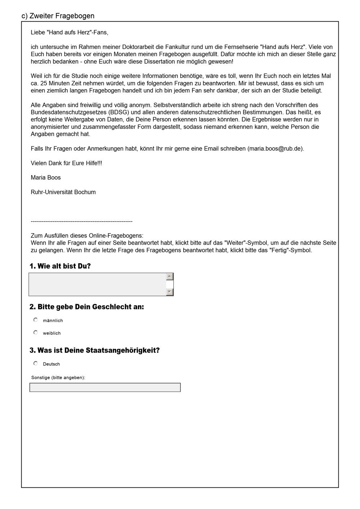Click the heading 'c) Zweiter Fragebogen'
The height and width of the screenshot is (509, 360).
click(x=58, y=16)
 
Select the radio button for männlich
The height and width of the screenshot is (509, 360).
click(x=36, y=320)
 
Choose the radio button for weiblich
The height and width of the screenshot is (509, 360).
click(x=36, y=332)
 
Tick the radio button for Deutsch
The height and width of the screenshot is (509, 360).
click(x=36, y=363)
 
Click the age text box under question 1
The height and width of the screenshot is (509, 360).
click(x=97, y=284)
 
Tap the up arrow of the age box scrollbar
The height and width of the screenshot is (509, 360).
click(x=170, y=276)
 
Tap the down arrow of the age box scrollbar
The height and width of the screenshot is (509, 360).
click(x=170, y=292)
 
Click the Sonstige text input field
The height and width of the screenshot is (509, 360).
click(x=105, y=387)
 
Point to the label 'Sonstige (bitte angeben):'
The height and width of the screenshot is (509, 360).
click(x=58, y=378)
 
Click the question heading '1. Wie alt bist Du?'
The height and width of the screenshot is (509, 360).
click(x=60, y=266)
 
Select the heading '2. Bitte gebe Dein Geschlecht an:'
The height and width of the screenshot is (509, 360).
click(x=87, y=307)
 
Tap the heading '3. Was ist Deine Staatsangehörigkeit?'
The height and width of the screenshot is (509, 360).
click(x=94, y=350)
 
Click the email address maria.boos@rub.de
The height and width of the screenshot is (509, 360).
click(x=275, y=149)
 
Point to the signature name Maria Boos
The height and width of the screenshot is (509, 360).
click(x=46, y=177)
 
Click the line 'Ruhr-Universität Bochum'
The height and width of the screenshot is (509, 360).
click(x=63, y=192)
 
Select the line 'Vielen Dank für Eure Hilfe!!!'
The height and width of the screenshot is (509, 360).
click(x=66, y=163)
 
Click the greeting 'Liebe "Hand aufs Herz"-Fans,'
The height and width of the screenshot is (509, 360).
click(x=69, y=32)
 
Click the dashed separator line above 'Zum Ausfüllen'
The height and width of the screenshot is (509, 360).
click(x=82, y=221)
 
